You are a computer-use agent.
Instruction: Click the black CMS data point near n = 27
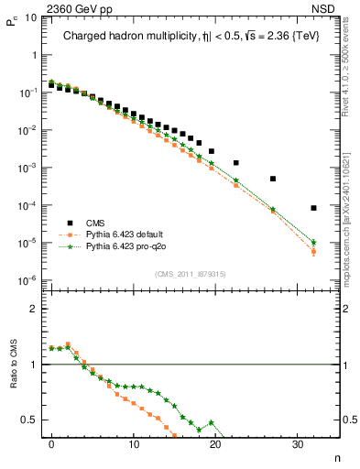273,179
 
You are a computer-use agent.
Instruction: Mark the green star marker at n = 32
314,243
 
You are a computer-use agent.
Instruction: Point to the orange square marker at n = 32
314,252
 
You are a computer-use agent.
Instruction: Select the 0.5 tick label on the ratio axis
31,420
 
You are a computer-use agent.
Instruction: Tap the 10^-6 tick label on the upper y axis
28,280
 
